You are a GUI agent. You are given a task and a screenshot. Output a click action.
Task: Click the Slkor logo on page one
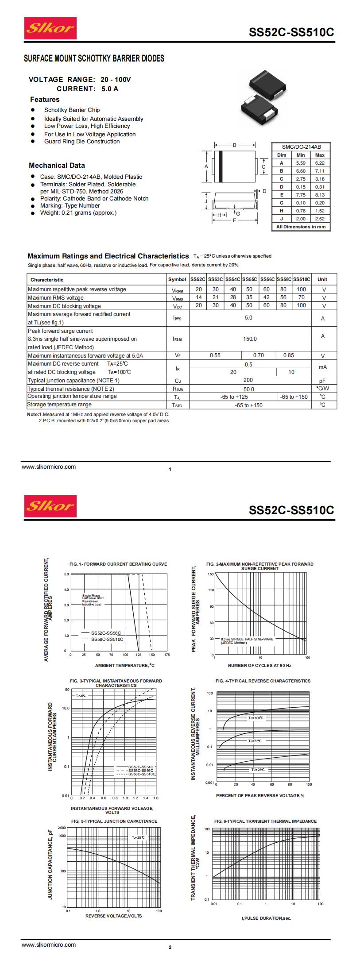pos(50,28)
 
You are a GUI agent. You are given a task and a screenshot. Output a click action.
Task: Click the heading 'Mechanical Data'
pos(57,166)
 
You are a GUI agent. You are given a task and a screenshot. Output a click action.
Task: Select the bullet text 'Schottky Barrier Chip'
pos(72,110)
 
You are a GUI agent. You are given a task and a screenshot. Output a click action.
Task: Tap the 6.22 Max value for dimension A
pos(320,163)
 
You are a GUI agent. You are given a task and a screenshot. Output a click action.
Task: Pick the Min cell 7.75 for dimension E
pos(301,195)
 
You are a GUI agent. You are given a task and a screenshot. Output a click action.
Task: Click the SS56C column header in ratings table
pos(267,279)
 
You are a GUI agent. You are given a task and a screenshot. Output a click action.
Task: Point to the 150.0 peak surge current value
pos(250,339)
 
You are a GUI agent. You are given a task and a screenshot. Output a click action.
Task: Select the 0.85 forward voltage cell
pos(289,355)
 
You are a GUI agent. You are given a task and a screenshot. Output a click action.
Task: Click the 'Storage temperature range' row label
pos(60,405)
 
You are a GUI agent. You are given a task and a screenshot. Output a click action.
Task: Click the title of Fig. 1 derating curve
pos(118,564)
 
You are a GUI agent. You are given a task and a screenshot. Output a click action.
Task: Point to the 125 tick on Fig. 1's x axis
pos(139,655)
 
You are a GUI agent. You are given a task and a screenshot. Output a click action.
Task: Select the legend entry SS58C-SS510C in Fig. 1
pos(107,640)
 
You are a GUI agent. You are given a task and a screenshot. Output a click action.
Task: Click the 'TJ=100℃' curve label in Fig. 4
pos(256,718)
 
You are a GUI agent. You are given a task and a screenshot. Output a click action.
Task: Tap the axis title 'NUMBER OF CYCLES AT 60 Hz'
pos(259,665)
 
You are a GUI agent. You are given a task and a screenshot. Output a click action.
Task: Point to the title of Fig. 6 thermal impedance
pos(265,821)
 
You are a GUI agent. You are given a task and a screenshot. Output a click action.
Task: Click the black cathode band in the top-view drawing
pos(220,166)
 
